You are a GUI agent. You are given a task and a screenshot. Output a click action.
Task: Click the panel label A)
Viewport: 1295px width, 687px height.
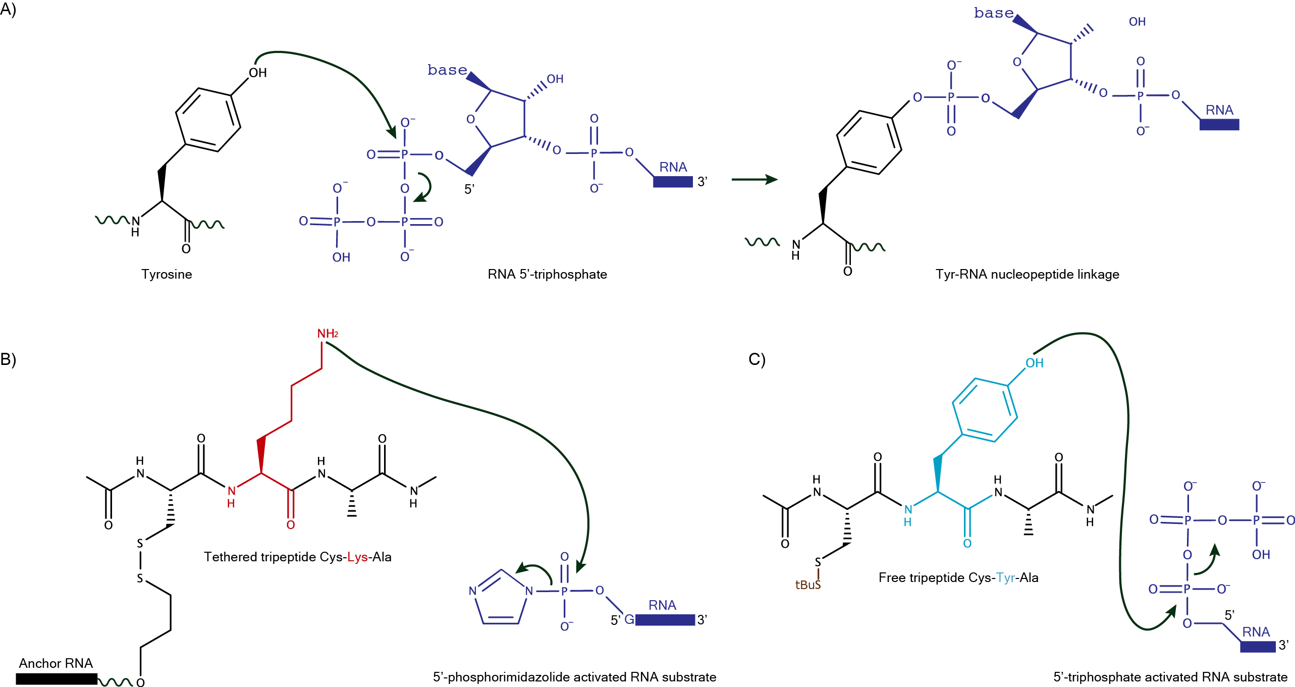(x=8, y=9)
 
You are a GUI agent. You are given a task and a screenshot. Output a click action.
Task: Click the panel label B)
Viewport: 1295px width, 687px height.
(x=8, y=359)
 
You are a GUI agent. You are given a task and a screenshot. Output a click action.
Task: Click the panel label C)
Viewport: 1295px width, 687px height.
(x=757, y=359)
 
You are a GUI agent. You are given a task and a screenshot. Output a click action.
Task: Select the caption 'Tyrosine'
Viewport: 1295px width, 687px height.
(x=167, y=274)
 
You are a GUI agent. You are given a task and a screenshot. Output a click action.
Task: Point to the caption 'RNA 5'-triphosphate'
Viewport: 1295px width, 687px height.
(x=547, y=274)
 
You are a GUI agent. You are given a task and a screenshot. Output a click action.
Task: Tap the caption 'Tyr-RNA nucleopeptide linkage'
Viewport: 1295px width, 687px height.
(x=1027, y=274)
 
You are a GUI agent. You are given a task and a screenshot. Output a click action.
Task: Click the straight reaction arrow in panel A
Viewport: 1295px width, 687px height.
(x=754, y=179)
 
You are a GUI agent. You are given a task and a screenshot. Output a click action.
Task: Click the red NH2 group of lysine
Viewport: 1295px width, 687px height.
(x=327, y=334)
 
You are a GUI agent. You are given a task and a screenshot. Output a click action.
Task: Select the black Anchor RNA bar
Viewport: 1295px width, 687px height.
(x=56, y=679)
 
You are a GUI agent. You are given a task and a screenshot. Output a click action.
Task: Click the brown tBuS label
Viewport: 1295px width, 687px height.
(x=807, y=585)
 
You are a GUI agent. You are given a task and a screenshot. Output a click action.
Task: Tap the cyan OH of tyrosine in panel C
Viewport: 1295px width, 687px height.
(x=1034, y=363)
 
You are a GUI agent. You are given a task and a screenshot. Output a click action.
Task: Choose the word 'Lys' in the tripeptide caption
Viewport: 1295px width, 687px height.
(x=357, y=557)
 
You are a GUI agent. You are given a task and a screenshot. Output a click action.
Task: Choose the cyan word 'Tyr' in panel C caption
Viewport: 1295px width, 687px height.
(x=1005, y=577)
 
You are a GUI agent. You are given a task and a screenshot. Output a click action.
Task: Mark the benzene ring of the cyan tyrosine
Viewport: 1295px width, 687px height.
(x=985, y=410)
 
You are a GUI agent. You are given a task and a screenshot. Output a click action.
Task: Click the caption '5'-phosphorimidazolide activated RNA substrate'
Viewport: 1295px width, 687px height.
(x=574, y=677)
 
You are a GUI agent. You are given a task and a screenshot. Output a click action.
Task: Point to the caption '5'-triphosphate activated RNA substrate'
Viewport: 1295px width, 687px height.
(x=1170, y=677)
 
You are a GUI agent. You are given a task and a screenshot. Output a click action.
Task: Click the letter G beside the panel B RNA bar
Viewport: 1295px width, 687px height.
(x=629, y=619)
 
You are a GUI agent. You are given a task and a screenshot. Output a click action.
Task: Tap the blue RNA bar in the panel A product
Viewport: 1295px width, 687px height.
(x=1219, y=124)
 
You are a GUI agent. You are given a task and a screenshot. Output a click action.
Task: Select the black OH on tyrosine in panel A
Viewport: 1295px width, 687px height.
(x=257, y=73)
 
